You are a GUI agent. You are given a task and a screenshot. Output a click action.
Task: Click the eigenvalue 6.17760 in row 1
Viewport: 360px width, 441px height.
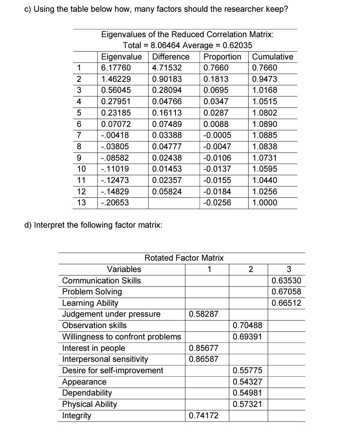point(116,68)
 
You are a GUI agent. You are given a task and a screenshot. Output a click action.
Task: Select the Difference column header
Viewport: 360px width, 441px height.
point(171,57)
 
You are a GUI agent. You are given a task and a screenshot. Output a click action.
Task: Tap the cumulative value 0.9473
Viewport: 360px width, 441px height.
point(265,79)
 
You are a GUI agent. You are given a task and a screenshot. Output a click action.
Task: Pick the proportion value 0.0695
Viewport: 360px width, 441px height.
point(216,91)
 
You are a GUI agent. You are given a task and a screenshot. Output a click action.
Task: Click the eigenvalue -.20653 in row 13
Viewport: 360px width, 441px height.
point(115,203)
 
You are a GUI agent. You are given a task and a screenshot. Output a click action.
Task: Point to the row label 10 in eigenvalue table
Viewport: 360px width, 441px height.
point(81,169)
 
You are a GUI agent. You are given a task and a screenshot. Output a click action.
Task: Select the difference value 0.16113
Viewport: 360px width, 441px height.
point(167,113)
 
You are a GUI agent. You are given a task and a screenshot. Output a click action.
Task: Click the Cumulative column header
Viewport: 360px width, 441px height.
point(272,57)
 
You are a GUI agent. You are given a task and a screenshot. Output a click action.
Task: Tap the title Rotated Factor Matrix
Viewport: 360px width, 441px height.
point(184,258)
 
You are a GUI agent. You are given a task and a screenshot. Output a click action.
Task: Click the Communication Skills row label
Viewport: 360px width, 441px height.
point(101,281)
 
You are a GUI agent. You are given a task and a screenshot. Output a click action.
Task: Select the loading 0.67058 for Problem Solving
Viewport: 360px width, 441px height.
point(286,292)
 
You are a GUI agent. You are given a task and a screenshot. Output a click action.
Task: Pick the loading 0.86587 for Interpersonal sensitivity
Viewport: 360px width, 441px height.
point(203,359)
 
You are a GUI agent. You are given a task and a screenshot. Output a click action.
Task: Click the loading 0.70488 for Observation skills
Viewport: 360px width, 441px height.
point(247,325)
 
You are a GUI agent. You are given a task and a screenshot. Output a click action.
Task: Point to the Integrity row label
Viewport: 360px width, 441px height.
point(77,416)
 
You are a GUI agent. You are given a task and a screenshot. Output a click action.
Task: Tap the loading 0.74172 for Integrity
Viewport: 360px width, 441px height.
point(203,416)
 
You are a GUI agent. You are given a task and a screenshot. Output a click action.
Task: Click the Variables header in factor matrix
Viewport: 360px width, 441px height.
point(124,269)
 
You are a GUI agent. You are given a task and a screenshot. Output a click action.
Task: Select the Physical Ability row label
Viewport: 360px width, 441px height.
point(89,404)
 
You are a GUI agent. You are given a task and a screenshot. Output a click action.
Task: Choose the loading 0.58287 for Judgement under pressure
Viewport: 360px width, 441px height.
point(203,314)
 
